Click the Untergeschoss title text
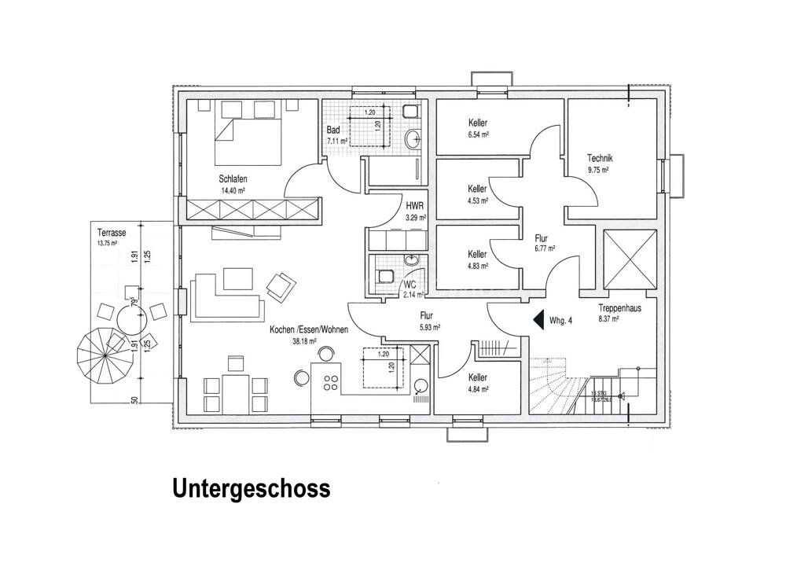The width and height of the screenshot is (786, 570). pyautogui.click(x=251, y=491)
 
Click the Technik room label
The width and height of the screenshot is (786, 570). pyautogui.click(x=599, y=158)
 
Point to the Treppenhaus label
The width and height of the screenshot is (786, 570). pyautogui.click(x=620, y=309)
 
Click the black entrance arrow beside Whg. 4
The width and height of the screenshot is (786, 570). pyautogui.click(x=538, y=320)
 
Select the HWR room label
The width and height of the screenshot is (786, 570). pyautogui.click(x=415, y=205)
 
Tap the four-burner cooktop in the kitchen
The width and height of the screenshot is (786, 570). pyautogui.click(x=331, y=383)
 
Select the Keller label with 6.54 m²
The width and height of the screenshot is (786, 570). pyautogui.click(x=477, y=123)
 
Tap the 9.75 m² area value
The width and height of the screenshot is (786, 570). pyautogui.click(x=599, y=169)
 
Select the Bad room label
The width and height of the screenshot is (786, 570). pyautogui.click(x=333, y=130)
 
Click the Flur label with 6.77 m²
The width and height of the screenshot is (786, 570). pyautogui.click(x=541, y=237)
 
